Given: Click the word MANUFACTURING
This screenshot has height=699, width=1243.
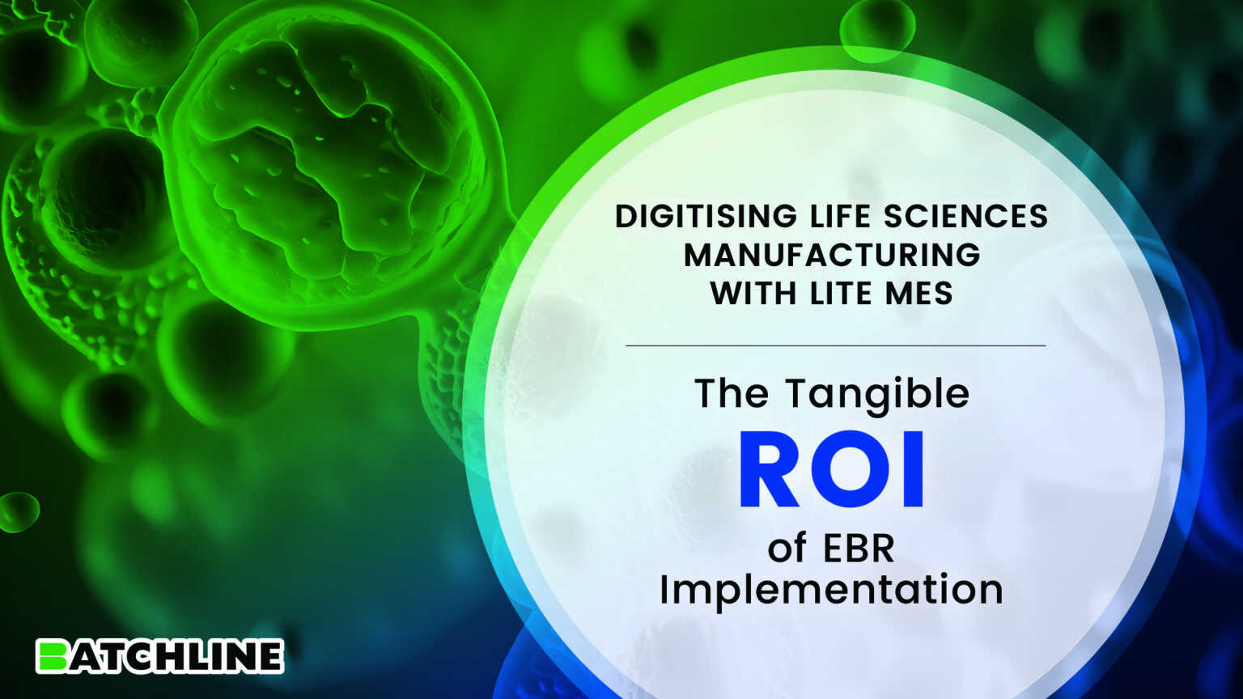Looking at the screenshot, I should [832, 255].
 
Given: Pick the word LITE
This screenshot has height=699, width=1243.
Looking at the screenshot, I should [843, 293].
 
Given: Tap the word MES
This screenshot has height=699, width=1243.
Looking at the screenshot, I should [919, 293].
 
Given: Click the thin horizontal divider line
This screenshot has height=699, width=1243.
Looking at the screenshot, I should [835, 345].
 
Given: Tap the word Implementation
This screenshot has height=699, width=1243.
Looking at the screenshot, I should [831, 590].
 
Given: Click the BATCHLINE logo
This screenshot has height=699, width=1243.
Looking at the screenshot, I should [159, 656].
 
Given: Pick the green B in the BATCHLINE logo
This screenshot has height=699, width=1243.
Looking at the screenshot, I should [53, 656].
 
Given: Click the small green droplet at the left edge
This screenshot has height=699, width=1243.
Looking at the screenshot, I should [18, 510].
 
